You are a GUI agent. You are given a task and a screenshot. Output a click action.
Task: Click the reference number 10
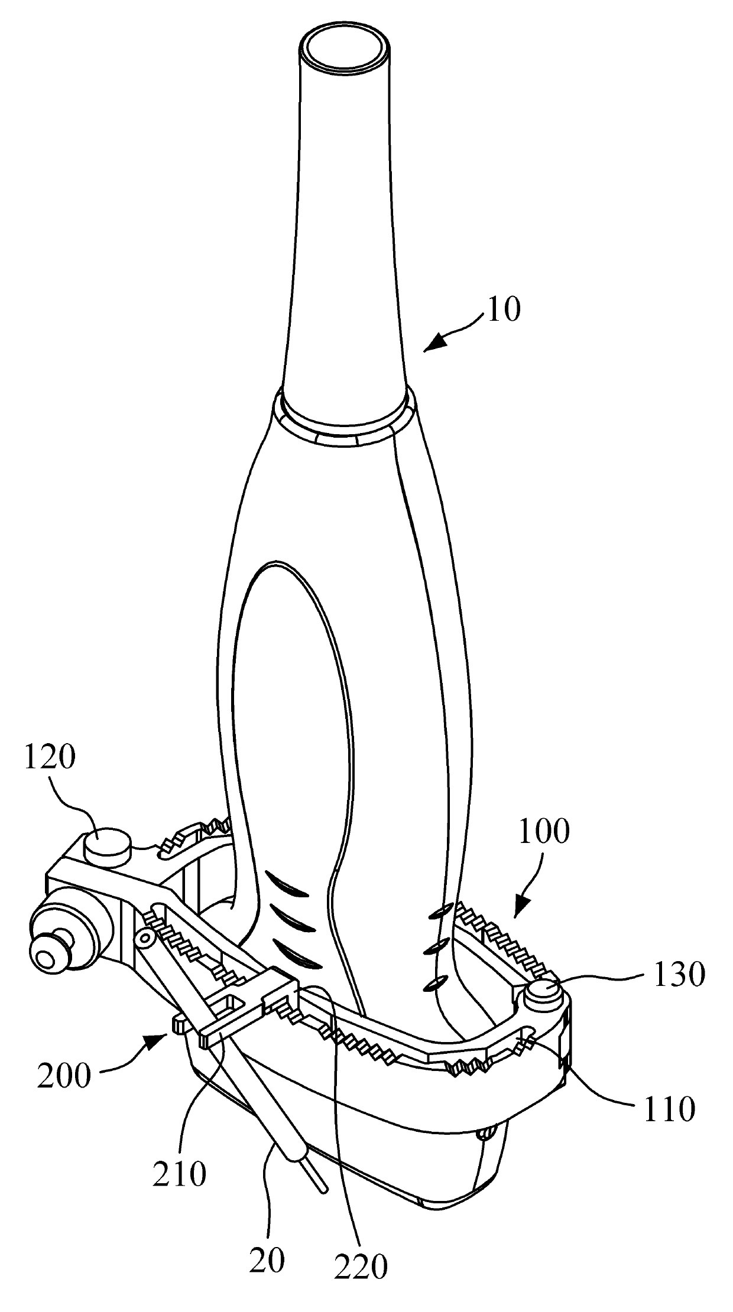(504, 310)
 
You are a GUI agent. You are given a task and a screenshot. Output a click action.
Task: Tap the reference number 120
(50, 757)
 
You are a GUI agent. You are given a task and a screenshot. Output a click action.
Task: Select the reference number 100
(544, 832)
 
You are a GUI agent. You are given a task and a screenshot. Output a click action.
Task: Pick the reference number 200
(64, 1076)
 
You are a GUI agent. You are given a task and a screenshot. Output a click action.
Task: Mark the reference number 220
(361, 1265)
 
